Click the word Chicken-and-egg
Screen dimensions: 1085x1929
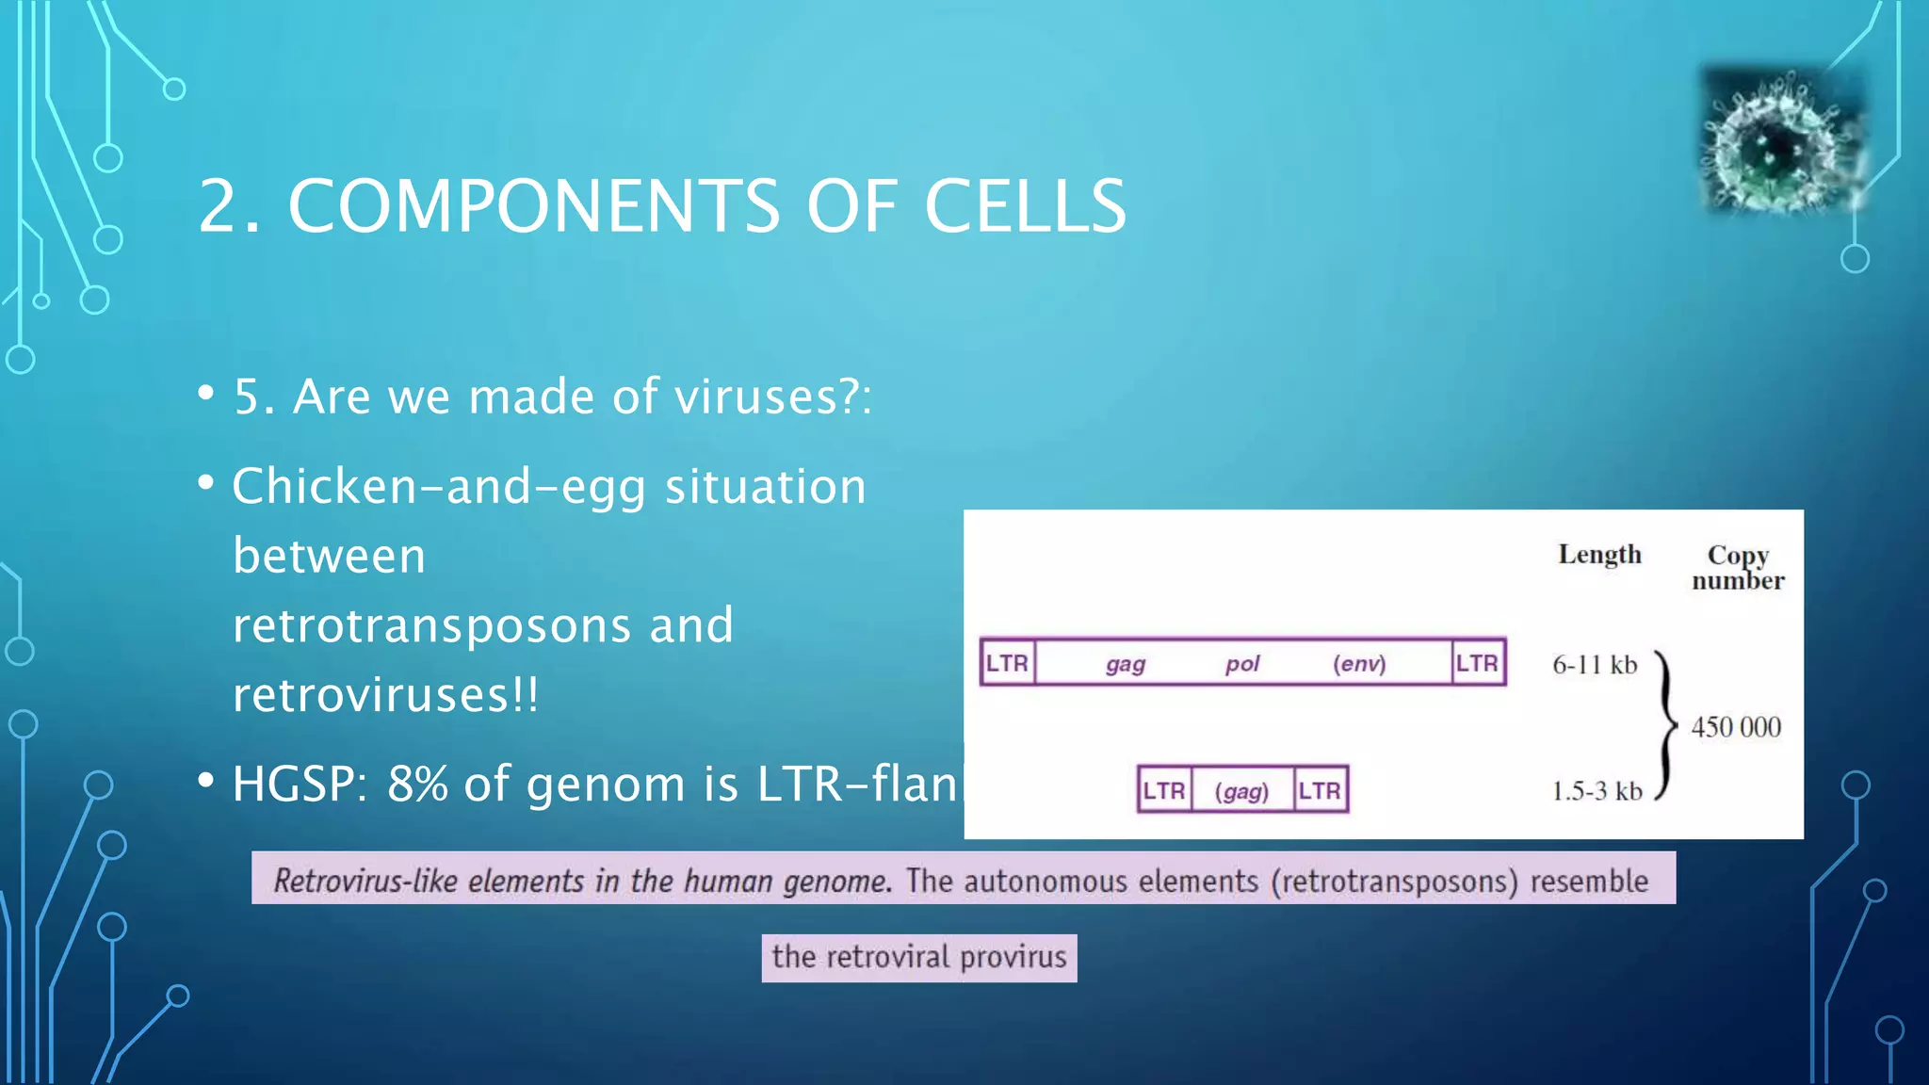point(438,488)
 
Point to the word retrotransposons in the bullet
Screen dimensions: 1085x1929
point(431,625)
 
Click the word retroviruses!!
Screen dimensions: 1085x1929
point(385,695)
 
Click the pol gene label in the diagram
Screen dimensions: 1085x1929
point(1241,664)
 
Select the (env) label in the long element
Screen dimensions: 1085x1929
point(1358,664)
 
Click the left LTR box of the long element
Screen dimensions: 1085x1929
point(1007,663)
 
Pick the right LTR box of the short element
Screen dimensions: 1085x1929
point(1320,790)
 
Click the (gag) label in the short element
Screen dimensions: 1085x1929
point(1241,791)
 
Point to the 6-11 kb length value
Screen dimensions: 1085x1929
point(1595,665)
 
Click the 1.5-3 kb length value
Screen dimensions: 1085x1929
point(1597,791)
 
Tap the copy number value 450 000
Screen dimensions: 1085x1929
point(1736,727)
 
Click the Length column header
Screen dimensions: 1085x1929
point(1599,555)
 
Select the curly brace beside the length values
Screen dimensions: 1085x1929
point(1666,725)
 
